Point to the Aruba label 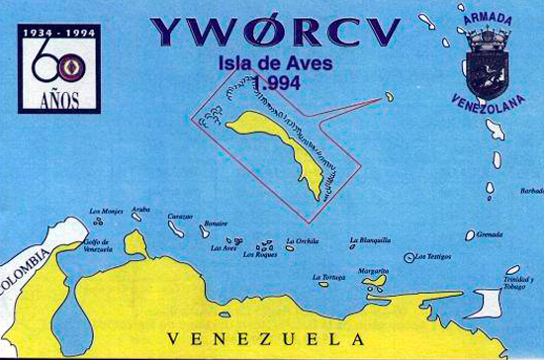coord(141,210)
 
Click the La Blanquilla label coord(372,239)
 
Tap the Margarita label coord(373,270)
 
